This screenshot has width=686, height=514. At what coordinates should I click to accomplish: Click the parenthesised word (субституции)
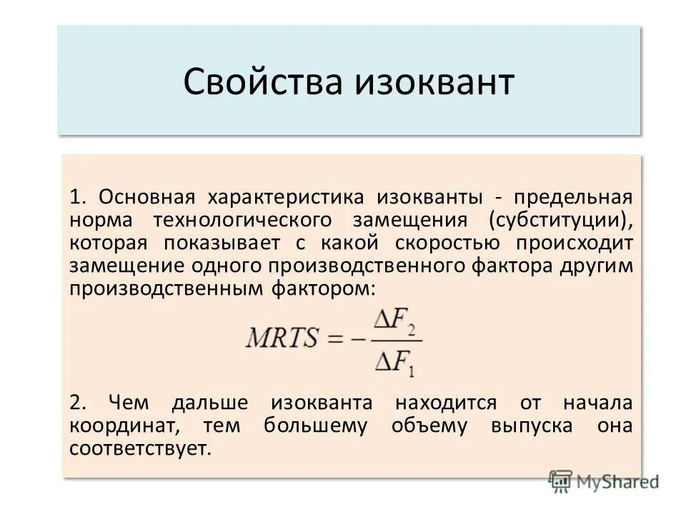[x=561, y=219]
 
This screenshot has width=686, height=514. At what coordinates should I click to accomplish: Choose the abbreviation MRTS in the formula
[x=282, y=338]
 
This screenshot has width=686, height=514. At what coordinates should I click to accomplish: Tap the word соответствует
[x=141, y=449]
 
